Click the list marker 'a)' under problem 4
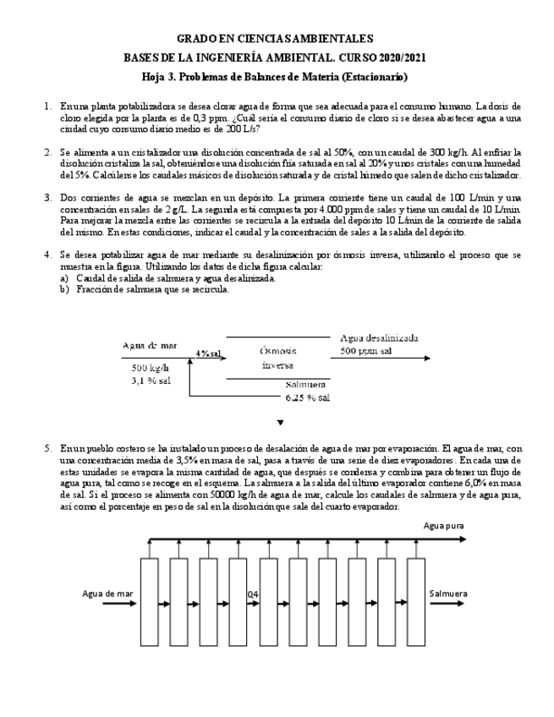[x=64, y=277]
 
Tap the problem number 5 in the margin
[x=47, y=447]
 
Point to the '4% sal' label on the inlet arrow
[x=208, y=353]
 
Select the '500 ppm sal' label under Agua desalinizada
[x=366, y=350]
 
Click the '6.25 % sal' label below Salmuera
[x=307, y=397]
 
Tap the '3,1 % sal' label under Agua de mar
[x=151, y=380]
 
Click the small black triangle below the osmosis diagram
[x=280, y=422]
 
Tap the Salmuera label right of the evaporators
[x=448, y=594]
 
